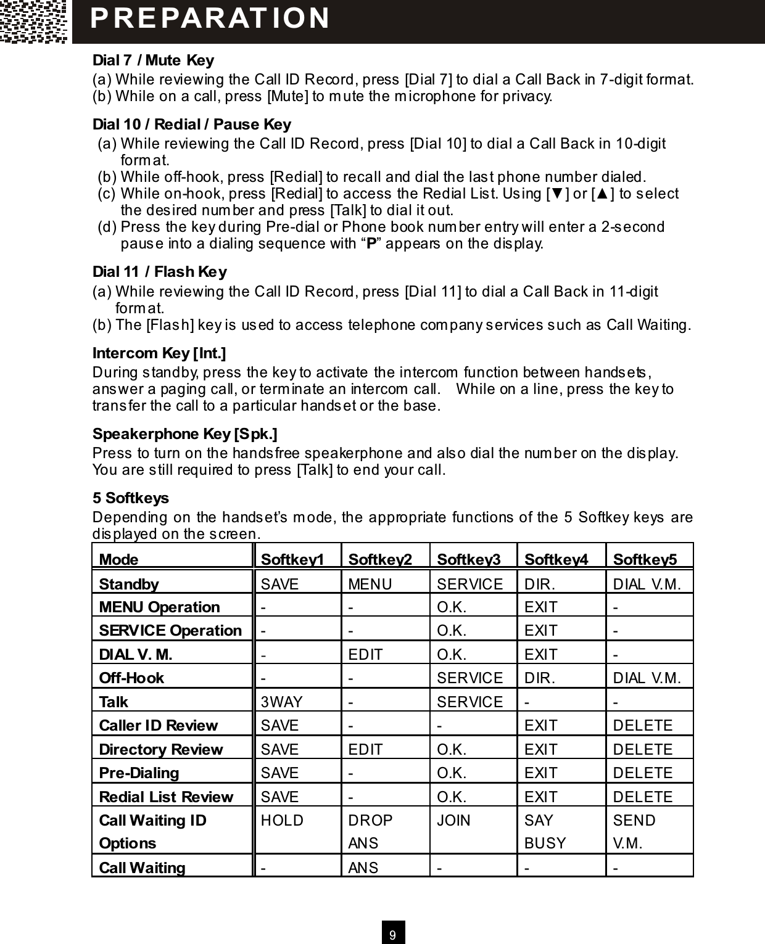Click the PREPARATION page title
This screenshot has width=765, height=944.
pos(210,18)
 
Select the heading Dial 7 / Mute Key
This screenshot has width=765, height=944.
pos(153,60)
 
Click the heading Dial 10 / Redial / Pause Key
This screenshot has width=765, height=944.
pos(191,125)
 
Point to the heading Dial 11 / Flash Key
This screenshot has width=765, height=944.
pos(159,272)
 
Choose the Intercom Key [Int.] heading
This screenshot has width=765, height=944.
pos(159,353)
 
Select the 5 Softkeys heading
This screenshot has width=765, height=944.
pos(130,498)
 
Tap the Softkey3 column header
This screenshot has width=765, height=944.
pos(469,559)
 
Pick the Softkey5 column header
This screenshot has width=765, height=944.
pos(645,559)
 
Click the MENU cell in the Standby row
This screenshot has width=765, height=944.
pos(370,584)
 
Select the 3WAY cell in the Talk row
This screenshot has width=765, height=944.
pos(282,702)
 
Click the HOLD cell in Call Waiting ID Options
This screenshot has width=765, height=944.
pos(283,821)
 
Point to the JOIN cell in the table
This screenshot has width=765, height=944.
pos(453,821)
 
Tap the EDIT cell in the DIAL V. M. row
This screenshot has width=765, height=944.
pos(366,654)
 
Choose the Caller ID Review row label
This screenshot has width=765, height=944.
pos(159,726)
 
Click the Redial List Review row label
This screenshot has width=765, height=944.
pos(166,797)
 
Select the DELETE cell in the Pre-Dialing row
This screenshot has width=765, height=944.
pos(643,773)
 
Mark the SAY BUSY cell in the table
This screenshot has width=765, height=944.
pos(545,832)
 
